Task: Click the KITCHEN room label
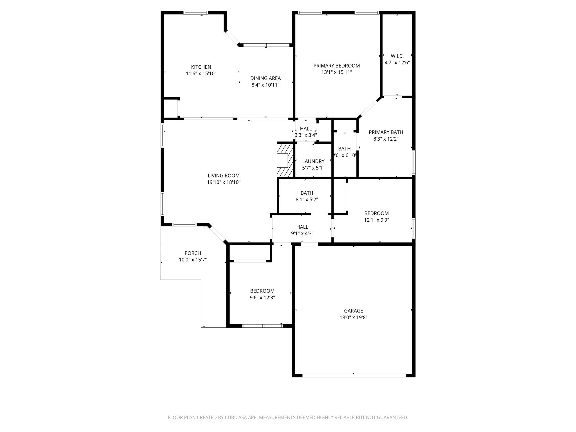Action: (x=201, y=67)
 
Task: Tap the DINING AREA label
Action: (x=265, y=78)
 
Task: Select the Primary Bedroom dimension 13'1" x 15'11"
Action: (x=337, y=72)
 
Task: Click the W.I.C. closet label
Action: (x=397, y=56)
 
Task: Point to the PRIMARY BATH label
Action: (x=386, y=132)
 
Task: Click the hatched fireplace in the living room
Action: (x=285, y=160)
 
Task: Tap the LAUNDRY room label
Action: (x=313, y=161)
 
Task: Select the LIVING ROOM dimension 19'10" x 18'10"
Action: (x=224, y=182)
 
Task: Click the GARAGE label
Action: (x=354, y=311)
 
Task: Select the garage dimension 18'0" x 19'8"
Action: (x=354, y=318)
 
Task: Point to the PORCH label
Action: (x=193, y=253)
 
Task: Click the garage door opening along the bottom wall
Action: (x=354, y=375)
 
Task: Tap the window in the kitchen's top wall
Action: (x=196, y=13)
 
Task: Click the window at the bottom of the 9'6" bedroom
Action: (x=262, y=326)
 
